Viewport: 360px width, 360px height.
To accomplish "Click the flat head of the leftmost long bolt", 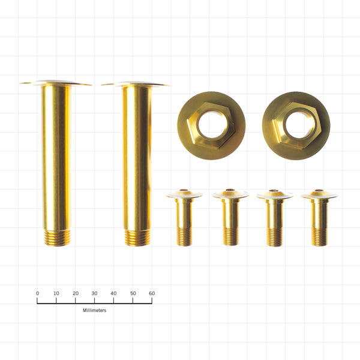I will point(56,83).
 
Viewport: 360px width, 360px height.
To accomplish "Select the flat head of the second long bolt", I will point(136,84).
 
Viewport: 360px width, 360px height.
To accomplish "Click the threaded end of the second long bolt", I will point(137,238).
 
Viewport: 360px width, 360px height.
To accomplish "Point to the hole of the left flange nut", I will point(211,125).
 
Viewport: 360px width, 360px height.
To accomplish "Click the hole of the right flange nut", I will point(296,125).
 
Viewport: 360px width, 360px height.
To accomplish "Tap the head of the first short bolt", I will point(184,194).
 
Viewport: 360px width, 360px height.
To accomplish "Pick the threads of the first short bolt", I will point(184,236).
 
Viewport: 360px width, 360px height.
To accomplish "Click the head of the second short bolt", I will point(230,194).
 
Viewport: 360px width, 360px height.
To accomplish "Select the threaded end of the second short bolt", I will point(230,236).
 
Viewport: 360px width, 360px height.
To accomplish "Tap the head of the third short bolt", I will point(274,195).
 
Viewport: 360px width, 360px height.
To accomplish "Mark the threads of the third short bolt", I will point(274,236).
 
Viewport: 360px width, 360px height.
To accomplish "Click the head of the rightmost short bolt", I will point(319,195).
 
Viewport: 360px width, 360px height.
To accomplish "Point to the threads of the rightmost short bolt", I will point(319,236).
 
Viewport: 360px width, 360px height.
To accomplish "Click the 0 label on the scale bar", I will point(37,293).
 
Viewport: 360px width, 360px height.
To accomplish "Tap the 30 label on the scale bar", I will point(94,293).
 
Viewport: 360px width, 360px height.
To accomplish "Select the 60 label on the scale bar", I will point(151,293).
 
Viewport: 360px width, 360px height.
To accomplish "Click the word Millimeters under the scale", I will point(94,311).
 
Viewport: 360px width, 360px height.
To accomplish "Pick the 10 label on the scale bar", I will point(56,293).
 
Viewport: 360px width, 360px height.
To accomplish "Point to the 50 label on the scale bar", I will point(133,293).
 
